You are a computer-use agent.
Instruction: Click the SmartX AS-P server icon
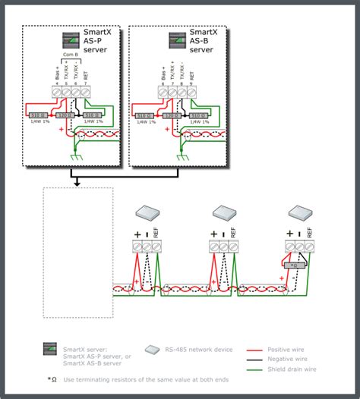pyautogui.click(x=70, y=41)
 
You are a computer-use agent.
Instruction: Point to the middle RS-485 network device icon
pyautogui.click(x=226, y=213)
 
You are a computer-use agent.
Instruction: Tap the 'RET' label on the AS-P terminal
pyautogui.click(x=84, y=74)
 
